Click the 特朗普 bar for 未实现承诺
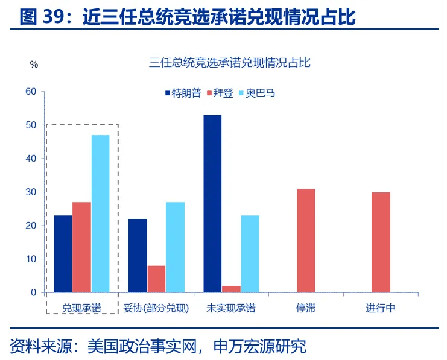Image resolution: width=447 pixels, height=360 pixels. [x=212, y=203]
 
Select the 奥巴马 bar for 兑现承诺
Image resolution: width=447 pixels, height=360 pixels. [x=101, y=213]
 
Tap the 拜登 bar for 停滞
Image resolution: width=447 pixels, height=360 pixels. [x=306, y=241]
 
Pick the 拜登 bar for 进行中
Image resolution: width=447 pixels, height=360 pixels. [x=381, y=242]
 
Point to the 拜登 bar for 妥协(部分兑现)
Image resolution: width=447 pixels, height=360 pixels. [x=156, y=279]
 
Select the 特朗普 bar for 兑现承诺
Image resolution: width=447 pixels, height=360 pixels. [x=63, y=254]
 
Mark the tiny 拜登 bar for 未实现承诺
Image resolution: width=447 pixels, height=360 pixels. [x=231, y=289]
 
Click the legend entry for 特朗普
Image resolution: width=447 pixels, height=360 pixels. [x=182, y=93]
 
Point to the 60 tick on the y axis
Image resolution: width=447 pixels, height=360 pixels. [x=30, y=92]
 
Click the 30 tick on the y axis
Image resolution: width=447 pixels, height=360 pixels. [x=30, y=192]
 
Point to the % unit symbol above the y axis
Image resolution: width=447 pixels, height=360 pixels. [x=34, y=65]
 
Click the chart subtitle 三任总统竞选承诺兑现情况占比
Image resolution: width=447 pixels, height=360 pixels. [x=230, y=63]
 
